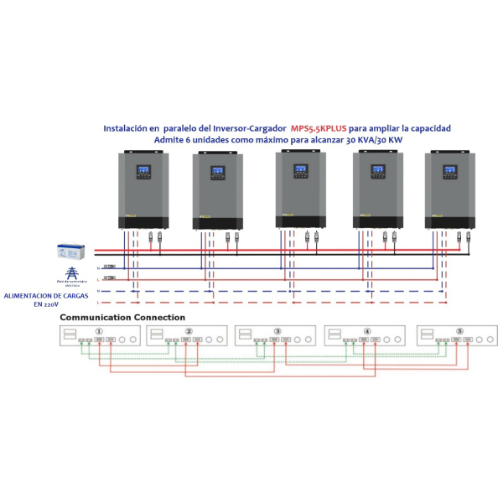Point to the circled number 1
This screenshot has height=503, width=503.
coord(100,331)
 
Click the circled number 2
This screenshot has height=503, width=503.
coord(189,331)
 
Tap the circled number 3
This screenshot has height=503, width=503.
coord(277,331)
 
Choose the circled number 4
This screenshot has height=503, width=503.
coord(367,331)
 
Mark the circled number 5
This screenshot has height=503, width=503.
coord(459,331)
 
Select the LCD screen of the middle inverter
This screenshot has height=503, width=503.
coord(299,170)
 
